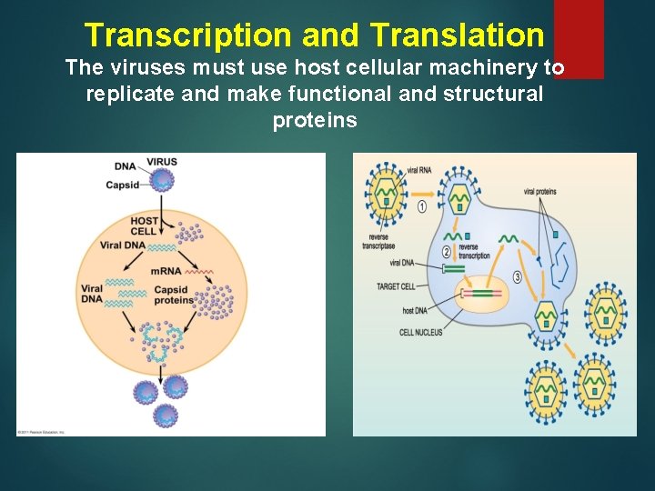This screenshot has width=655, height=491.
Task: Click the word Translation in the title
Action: pyautogui.click(x=457, y=35)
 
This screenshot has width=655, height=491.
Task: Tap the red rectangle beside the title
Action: pyautogui.click(x=579, y=38)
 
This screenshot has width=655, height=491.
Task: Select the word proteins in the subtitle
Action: pyautogui.click(x=315, y=121)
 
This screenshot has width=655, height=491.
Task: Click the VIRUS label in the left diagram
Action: pyautogui.click(x=162, y=162)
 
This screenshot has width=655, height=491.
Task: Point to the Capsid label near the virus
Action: pyautogui.click(x=123, y=185)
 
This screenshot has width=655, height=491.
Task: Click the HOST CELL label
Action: pyautogui.click(x=145, y=225)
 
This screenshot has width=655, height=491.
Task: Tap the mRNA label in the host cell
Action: pyautogui.click(x=166, y=270)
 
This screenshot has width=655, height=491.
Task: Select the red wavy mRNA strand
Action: pyautogui.click(x=200, y=271)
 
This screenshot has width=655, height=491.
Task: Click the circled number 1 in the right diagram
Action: pyautogui.click(x=422, y=207)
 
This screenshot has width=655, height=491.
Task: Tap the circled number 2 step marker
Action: pyautogui.click(x=447, y=252)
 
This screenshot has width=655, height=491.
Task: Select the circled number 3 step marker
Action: pyautogui.click(x=517, y=276)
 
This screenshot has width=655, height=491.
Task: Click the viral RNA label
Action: pyautogui.click(x=419, y=170)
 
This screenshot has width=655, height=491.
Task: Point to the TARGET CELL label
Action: pyautogui.click(x=396, y=286)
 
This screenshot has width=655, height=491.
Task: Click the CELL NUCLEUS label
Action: pyautogui.click(x=421, y=332)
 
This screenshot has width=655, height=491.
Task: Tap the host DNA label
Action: pyautogui.click(x=414, y=311)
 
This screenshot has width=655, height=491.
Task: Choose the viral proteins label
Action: pyautogui.click(x=540, y=192)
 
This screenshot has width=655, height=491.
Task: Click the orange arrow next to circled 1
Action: pyautogui.click(x=435, y=207)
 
